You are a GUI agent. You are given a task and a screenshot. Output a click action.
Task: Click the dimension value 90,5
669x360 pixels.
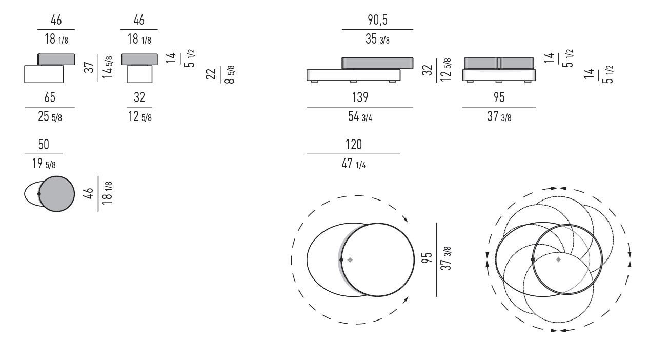coord(377,20)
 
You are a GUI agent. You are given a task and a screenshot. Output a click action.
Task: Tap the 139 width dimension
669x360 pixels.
coord(360,97)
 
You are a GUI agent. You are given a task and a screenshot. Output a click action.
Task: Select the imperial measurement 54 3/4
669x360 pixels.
coord(360,116)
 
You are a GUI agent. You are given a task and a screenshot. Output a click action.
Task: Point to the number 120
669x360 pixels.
coord(354,145)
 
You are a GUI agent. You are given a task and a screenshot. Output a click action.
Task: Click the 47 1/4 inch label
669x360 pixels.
coord(354,164)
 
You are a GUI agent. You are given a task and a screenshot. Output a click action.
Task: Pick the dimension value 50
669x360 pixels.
coord(44,145)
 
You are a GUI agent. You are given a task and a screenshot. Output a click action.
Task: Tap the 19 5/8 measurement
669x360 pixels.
coord(44,164)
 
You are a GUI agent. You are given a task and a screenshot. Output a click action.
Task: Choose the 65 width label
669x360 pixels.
coord(50,97)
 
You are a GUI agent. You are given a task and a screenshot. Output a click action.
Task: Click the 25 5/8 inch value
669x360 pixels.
coord(50,116)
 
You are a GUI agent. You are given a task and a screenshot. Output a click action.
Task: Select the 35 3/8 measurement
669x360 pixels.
coord(377,39)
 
